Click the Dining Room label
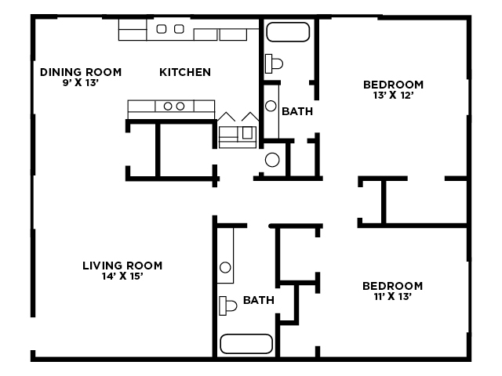[81, 72]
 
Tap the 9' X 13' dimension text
[81, 82]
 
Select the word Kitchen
[185, 72]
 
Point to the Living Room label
[122, 265]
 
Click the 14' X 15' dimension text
[122, 276]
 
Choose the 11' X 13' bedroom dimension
[392, 297]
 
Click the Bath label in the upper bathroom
[297, 111]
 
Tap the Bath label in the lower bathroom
[258, 299]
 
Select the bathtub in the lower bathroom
[246, 344]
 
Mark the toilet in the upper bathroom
[273, 63]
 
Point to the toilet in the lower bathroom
[228, 305]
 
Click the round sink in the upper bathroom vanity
[271, 105]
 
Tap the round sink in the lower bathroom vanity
[225, 268]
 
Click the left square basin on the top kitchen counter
[162, 30]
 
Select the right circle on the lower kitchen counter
[180, 106]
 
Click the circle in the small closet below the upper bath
[272, 160]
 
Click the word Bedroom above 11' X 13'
[392, 286]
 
